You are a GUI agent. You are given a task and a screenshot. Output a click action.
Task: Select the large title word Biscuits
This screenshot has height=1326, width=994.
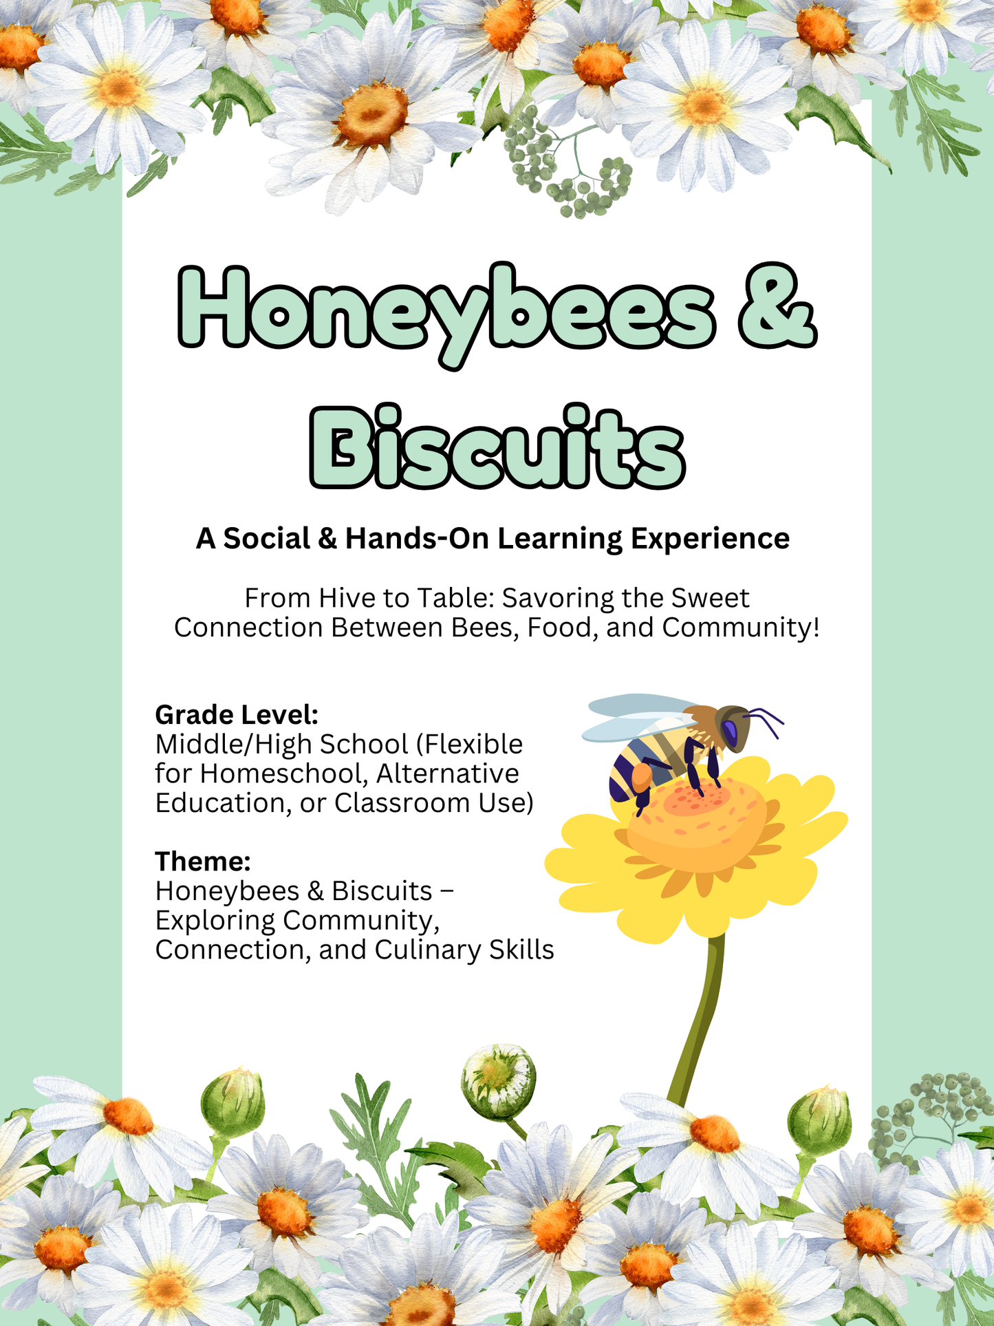coord(497,446)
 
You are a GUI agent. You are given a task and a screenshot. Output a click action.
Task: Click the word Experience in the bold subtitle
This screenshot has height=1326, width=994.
coord(710,539)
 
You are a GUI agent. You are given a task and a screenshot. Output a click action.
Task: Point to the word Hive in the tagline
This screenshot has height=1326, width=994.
coord(347,598)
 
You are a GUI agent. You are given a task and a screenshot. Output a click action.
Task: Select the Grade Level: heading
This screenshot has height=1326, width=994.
coord(237,716)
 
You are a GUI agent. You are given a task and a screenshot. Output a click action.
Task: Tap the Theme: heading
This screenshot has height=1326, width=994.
coord(203,861)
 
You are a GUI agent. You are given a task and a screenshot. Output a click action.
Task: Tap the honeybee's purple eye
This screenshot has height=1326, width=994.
coord(731,732)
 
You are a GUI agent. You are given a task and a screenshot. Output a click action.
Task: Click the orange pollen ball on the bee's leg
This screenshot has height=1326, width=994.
coord(642,776)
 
